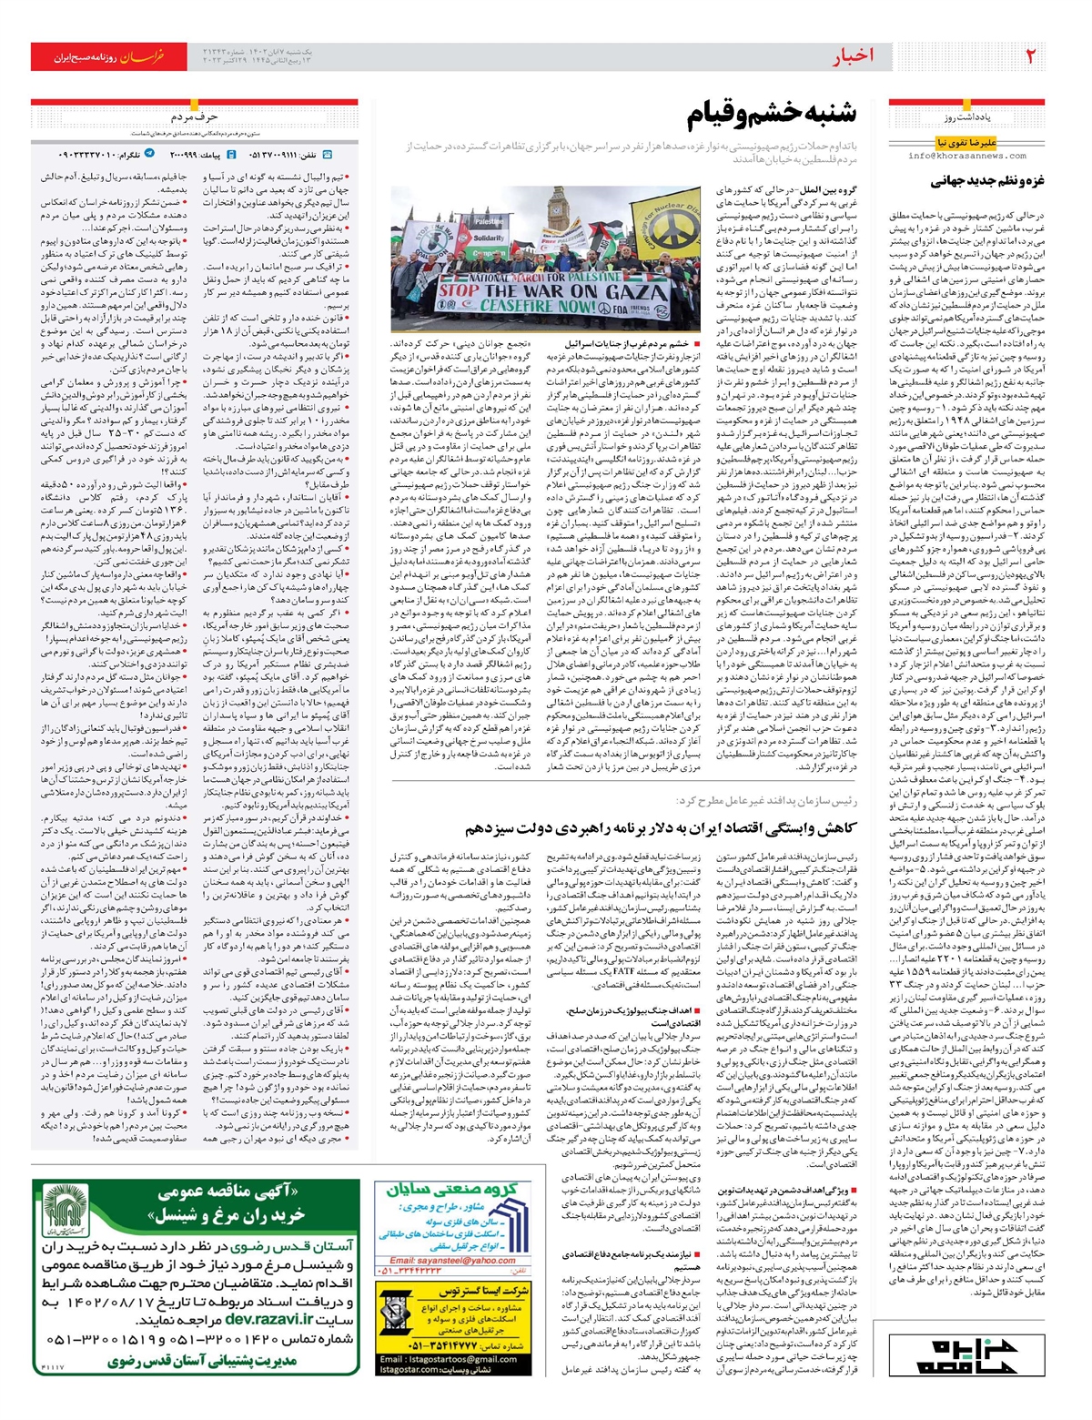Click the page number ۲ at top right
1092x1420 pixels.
click(x=1030, y=56)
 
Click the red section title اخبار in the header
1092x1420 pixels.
click(x=853, y=56)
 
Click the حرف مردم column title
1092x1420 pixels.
click(x=194, y=117)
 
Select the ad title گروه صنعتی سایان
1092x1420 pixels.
click(x=452, y=1190)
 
